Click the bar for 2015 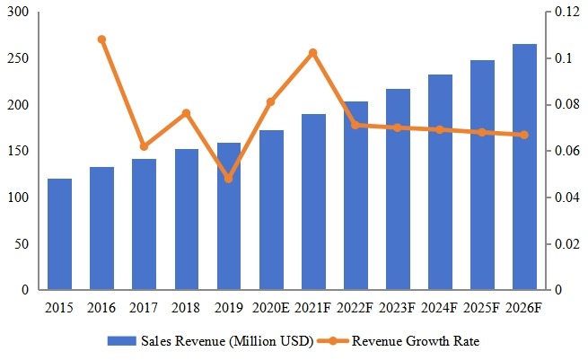tap(59, 234)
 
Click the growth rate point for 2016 tap(101, 40)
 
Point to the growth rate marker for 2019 tap(228, 179)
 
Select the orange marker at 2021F tap(312, 53)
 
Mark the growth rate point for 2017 tap(144, 146)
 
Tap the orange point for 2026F tap(524, 135)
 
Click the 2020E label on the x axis tap(270, 309)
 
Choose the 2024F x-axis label tap(440, 309)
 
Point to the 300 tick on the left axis tap(17, 13)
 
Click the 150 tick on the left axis tap(17, 152)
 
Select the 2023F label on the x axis tap(398, 309)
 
